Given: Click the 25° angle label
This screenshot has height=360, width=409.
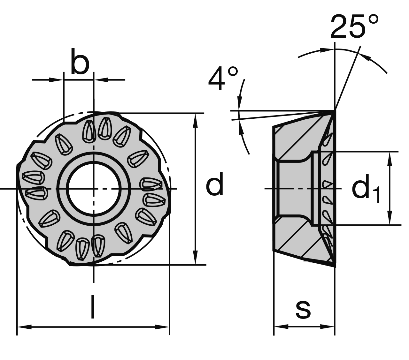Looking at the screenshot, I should (354, 26).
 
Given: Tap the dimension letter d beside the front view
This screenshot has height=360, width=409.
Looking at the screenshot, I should (215, 185).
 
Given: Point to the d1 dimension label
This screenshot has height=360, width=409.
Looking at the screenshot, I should (366, 189).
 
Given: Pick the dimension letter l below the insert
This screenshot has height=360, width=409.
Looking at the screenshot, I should (93, 307).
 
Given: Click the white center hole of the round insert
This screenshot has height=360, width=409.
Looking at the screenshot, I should (93, 189).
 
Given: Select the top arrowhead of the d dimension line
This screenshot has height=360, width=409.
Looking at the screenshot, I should (196, 119).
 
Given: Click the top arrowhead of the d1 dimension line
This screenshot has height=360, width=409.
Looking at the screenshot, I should (389, 158).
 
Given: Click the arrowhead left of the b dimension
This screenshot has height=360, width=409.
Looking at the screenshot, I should (56, 80).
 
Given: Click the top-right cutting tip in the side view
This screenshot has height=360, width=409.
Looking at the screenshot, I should (335, 111).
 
